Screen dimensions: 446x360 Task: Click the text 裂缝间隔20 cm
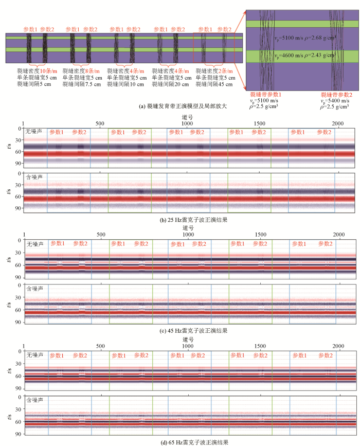click(x=170, y=83)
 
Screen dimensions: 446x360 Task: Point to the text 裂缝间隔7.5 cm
click(x=82, y=83)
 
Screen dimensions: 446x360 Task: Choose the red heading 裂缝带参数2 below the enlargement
click(x=336, y=95)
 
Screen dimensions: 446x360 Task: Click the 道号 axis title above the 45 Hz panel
click(x=187, y=228)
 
